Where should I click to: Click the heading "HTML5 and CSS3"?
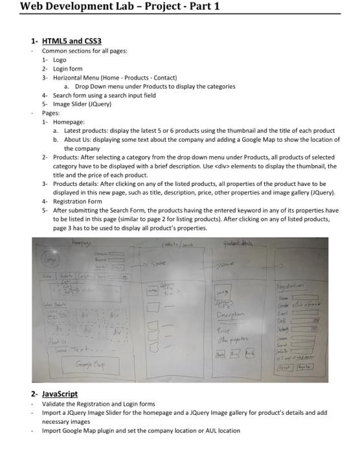click(72, 41)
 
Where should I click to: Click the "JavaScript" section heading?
click(60, 393)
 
